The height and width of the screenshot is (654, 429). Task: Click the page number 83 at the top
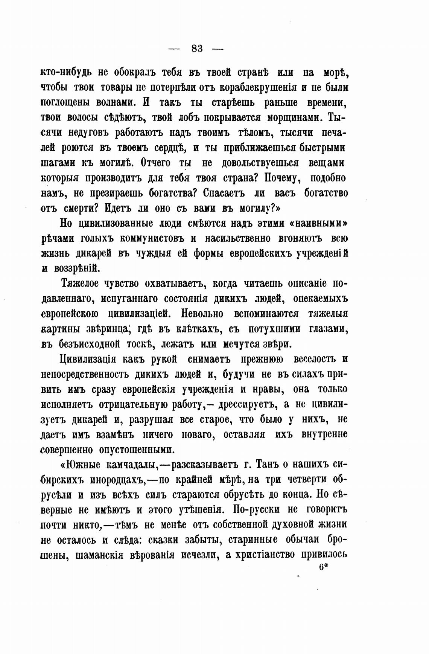point(197,49)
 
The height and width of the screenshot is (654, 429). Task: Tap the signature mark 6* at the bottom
point(324,567)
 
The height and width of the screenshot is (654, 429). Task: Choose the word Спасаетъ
point(224,193)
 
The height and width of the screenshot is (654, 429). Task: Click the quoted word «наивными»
point(318,223)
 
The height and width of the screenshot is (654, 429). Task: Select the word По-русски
point(256,510)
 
